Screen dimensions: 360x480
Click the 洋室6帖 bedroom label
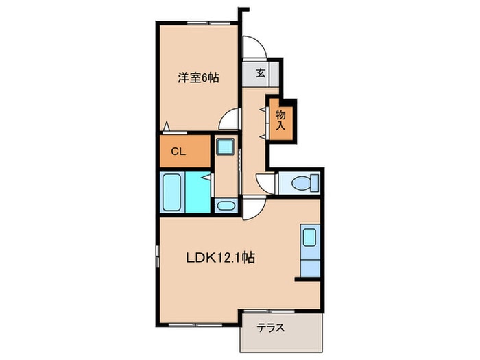[x=199, y=77]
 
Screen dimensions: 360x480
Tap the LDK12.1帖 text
[x=221, y=259]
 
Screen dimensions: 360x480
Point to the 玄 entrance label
[x=261, y=73]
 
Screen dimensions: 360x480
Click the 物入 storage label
[x=281, y=120]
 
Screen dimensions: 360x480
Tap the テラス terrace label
[x=272, y=328]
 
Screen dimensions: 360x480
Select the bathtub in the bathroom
[x=171, y=193]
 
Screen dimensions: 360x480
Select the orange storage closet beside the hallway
[x=281, y=119]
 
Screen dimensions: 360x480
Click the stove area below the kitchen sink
[x=309, y=264]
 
